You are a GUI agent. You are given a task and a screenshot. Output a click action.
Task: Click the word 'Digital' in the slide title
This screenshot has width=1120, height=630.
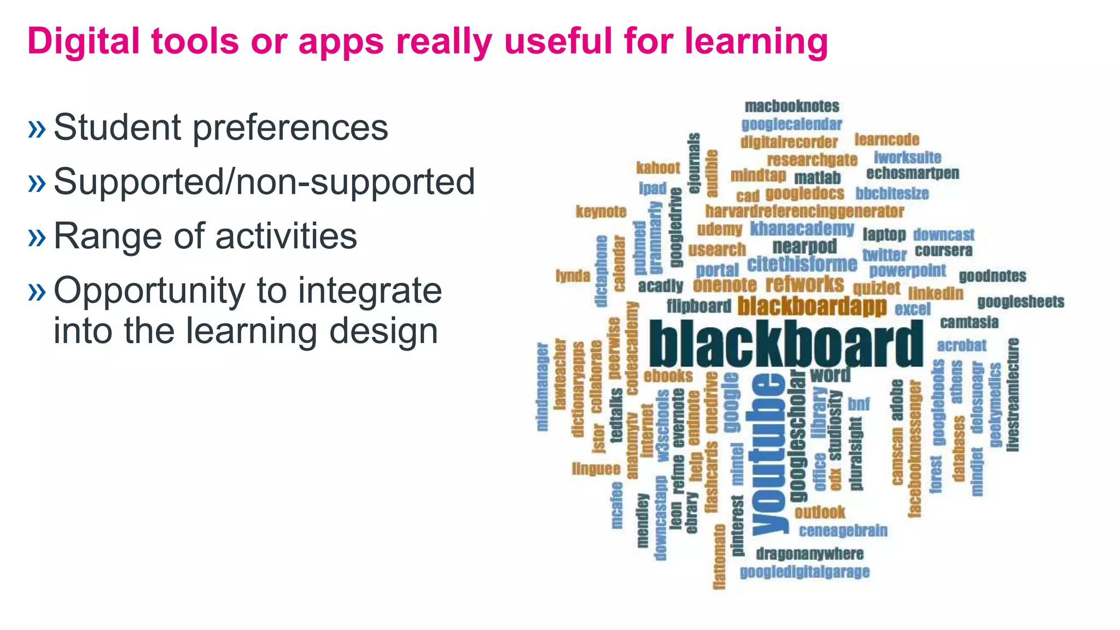tap(83, 42)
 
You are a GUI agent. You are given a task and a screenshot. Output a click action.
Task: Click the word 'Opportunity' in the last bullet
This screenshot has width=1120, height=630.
tap(149, 290)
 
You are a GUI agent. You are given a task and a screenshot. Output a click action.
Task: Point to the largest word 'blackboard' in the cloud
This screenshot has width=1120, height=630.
tap(785, 344)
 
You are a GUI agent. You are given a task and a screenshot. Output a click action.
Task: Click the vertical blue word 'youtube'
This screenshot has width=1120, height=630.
tap(769, 454)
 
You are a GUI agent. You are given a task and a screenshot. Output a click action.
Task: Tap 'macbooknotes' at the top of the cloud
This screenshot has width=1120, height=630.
tap(791, 106)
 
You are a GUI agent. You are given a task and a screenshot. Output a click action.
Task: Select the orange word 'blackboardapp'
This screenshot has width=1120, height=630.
tap(812, 306)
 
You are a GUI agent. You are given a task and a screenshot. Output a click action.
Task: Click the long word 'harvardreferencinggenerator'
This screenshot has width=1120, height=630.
tap(804, 211)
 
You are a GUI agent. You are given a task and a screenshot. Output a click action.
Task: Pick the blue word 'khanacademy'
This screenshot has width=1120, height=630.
tap(802, 229)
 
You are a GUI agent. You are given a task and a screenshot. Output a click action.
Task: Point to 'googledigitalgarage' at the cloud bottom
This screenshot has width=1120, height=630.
tap(804, 572)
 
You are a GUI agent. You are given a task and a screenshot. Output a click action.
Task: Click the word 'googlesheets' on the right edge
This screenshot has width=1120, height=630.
tap(1020, 302)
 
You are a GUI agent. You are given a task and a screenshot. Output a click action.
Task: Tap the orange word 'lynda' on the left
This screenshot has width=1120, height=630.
tap(573, 276)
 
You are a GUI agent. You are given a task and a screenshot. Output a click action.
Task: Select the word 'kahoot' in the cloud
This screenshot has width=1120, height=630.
tap(658, 168)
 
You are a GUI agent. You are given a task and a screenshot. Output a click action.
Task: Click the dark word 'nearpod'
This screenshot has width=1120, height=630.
tap(804, 247)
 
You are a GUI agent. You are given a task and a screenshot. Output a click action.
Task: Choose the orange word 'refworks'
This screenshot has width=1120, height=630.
tap(804, 284)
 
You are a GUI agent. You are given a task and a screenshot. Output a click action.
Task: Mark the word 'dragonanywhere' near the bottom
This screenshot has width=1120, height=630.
tap(809, 554)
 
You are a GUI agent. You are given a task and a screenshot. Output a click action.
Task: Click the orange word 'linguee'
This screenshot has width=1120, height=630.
tap(596, 469)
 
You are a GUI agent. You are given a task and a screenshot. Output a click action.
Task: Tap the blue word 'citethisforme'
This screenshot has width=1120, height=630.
tap(802, 264)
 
